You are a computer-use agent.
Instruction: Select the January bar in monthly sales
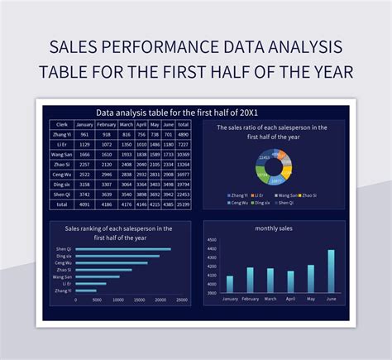tap(230, 284)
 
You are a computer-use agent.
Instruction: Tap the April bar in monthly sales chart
tap(290, 281)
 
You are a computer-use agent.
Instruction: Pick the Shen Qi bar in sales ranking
tap(125, 249)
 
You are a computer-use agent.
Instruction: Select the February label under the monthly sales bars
tap(250, 299)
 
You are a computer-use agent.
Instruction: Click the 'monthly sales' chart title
tap(274, 228)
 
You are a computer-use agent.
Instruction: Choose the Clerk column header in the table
tap(61, 124)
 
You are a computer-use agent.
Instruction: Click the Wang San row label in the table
tap(61, 154)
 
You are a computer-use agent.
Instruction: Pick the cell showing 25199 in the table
tap(184, 204)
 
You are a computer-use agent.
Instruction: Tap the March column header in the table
tap(127, 124)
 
